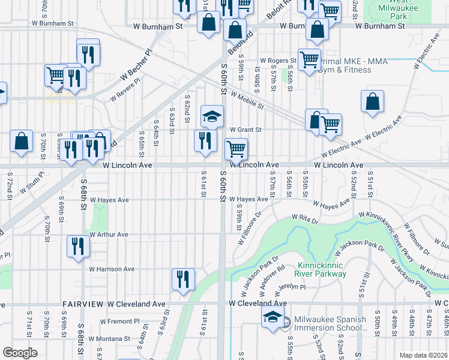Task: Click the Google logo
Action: pos(20,352)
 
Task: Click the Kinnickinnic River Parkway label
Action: pos(322,269)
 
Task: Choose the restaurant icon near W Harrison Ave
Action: pos(78,246)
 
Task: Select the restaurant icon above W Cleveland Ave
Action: pos(182,278)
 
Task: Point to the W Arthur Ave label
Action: pos(108,235)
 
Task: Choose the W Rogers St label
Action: pos(278,61)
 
